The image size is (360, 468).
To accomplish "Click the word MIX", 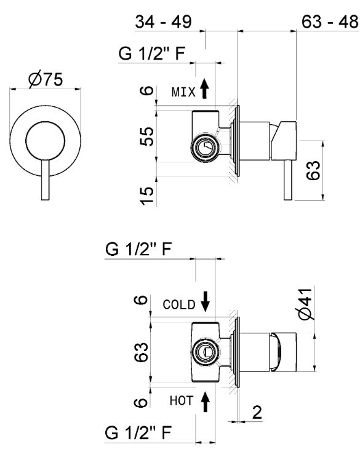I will [x=183, y=92].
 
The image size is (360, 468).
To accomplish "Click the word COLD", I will [x=179, y=304].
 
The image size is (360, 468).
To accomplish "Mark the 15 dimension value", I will [x=145, y=195].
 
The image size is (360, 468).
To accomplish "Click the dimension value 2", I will [x=258, y=411].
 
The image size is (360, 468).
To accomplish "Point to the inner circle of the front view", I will [x=46, y=142].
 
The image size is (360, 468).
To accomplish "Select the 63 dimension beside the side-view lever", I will [x=313, y=169].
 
